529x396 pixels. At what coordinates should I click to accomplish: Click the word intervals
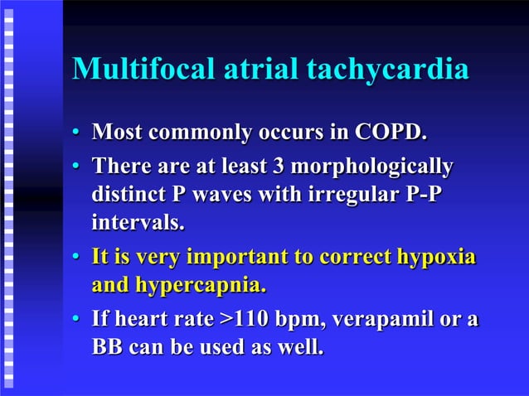click(x=137, y=223)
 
